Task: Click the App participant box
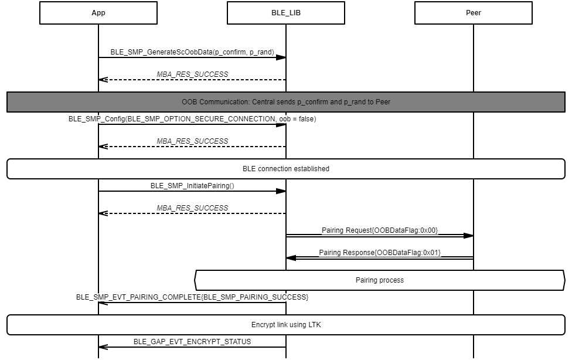pyautogui.click(x=98, y=13)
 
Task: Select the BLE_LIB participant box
pyautogui.click(x=285, y=13)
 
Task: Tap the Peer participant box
pyautogui.click(x=473, y=13)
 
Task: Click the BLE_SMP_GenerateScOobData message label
pyautogui.click(x=192, y=52)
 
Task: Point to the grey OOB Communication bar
pyautogui.click(x=286, y=101)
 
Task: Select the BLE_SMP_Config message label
pyautogui.click(x=192, y=119)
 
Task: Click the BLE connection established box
pyautogui.click(x=286, y=169)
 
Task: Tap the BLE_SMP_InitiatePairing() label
pyautogui.click(x=192, y=186)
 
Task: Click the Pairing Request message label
pyautogui.click(x=380, y=230)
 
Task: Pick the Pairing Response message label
pyautogui.click(x=380, y=253)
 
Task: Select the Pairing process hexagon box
pyautogui.click(x=380, y=280)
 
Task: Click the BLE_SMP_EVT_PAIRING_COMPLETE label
pyautogui.click(x=192, y=297)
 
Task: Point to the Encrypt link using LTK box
pyautogui.click(x=286, y=325)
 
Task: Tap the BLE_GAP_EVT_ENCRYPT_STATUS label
pyautogui.click(x=192, y=342)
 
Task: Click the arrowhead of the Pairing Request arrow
pyautogui.click(x=468, y=236)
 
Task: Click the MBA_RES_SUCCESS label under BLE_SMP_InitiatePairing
pyautogui.click(x=192, y=208)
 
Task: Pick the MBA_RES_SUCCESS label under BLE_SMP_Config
pyautogui.click(x=192, y=141)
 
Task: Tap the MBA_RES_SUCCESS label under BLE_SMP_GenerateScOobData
pyautogui.click(x=192, y=74)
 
